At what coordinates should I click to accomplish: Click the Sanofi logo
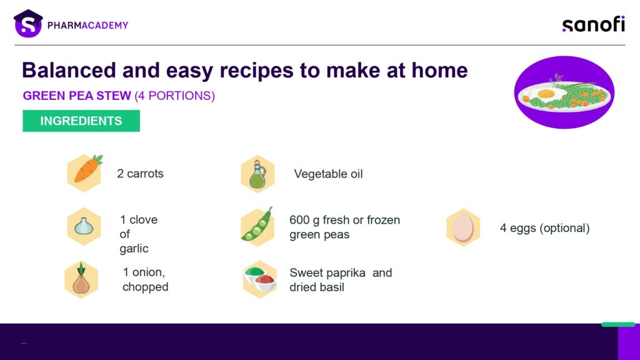[x=594, y=24]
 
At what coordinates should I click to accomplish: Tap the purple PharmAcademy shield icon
[x=28, y=24]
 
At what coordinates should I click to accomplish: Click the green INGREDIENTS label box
[x=81, y=121]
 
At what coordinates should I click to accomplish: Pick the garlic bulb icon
[x=84, y=226]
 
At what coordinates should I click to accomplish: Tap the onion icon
[x=81, y=280]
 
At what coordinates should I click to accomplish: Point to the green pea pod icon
[x=257, y=226]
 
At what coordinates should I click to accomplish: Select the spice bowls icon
[x=259, y=279]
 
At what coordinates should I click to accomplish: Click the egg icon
[x=463, y=227]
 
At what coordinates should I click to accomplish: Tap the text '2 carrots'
[x=141, y=174]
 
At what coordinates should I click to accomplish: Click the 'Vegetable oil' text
[x=328, y=174]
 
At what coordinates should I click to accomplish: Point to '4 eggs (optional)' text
[x=545, y=227]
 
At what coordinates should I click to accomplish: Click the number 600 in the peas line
[x=299, y=220]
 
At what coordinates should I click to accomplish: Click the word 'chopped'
[x=145, y=287]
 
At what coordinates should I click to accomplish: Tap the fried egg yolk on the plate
[x=546, y=94]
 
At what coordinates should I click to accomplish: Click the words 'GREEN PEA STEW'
[x=77, y=96]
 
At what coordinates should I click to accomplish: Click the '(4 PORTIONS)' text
[x=175, y=96]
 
